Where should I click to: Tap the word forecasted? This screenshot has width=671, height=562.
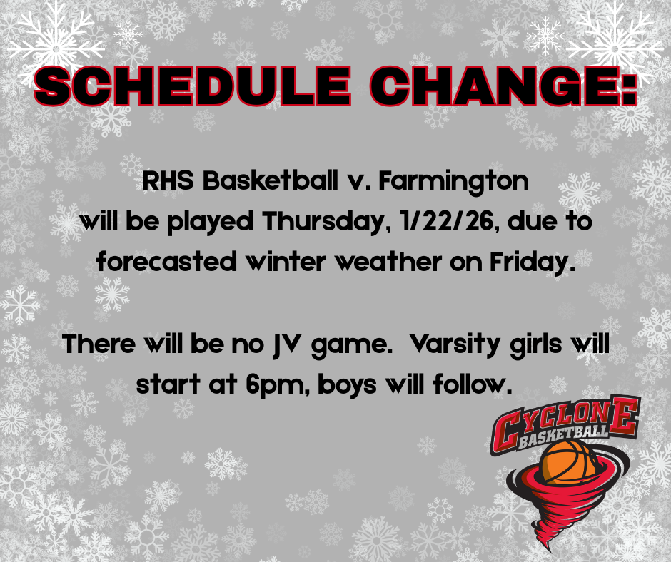(167, 262)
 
